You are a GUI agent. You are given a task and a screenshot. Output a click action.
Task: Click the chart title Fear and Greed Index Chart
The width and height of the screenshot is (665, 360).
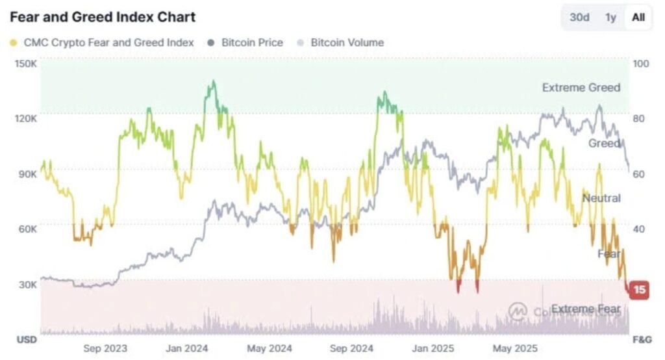[x=103, y=17]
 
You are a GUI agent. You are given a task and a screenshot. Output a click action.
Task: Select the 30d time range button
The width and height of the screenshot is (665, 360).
[x=579, y=18]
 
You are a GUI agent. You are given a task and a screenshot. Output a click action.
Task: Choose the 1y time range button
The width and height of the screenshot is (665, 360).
[x=610, y=18]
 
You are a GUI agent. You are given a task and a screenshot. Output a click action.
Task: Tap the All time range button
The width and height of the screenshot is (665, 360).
[x=638, y=18]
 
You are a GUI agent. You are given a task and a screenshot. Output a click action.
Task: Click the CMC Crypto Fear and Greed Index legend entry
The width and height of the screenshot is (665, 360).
[x=102, y=42]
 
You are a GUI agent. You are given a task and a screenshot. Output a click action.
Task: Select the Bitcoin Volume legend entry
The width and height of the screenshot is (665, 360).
[x=340, y=42]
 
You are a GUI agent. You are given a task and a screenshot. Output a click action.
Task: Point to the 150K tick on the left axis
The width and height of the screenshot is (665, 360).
[x=25, y=64]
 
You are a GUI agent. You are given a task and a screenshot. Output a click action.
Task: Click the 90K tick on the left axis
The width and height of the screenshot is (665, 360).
[x=27, y=174]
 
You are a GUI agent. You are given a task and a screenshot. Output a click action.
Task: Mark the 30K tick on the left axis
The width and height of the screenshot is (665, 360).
[x=27, y=285]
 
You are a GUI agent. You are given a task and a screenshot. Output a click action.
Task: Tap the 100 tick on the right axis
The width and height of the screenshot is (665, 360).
[x=640, y=64]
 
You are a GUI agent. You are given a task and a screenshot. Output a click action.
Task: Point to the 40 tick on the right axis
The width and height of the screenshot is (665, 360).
[x=639, y=229]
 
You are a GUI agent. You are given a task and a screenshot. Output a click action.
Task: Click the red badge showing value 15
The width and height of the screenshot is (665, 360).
[x=640, y=289]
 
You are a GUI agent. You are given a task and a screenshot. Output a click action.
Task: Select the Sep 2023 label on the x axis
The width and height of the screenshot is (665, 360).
[x=105, y=348]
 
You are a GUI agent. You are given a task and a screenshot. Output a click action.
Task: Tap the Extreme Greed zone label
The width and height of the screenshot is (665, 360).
[x=581, y=88]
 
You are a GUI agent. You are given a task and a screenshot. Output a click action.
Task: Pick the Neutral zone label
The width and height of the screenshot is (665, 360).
[x=601, y=198]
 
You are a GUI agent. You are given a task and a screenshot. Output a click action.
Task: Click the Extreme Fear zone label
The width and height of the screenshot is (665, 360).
[x=585, y=308]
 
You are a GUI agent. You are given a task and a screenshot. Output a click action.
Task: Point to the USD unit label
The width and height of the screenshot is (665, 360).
[x=27, y=340]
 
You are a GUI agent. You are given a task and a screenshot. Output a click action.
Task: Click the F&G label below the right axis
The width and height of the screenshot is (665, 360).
[x=642, y=340]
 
